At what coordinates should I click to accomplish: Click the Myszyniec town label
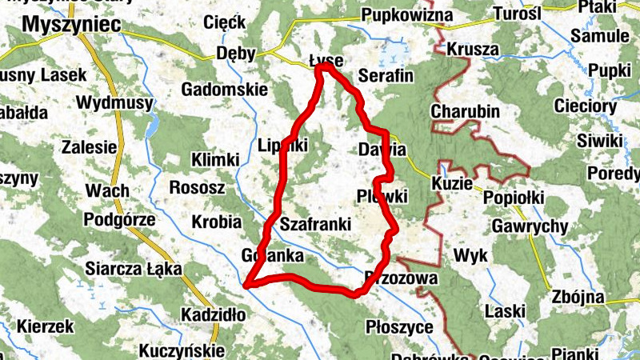(71, 26)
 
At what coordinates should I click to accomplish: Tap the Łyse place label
(326, 59)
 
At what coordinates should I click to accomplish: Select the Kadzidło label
(214, 314)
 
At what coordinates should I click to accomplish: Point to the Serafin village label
(385, 77)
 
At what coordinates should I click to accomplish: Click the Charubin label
(465, 111)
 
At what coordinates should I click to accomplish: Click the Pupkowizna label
(407, 15)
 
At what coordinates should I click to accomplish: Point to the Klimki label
(215, 160)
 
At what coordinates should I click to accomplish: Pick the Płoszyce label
(398, 327)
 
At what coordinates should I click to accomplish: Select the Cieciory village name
(608, 106)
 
